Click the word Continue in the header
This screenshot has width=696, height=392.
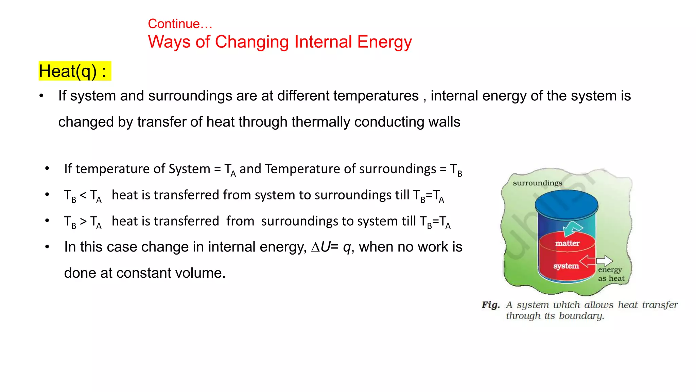pyautogui.click(x=174, y=24)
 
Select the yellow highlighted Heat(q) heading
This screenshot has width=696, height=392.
pyautogui.click(x=74, y=71)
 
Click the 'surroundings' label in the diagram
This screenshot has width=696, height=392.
pyautogui.click(x=537, y=183)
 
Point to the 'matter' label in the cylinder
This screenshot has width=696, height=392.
pyautogui.click(x=567, y=243)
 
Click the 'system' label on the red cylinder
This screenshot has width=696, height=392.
pyautogui.click(x=566, y=266)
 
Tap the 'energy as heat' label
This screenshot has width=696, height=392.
pyautogui.click(x=611, y=274)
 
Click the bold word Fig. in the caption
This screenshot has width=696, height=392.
pyautogui.click(x=491, y=305)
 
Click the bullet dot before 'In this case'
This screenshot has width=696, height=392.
pyautogui.click(x=47, y=247)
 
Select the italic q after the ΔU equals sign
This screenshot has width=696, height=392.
pyautogui.click(x=347, y=247)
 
